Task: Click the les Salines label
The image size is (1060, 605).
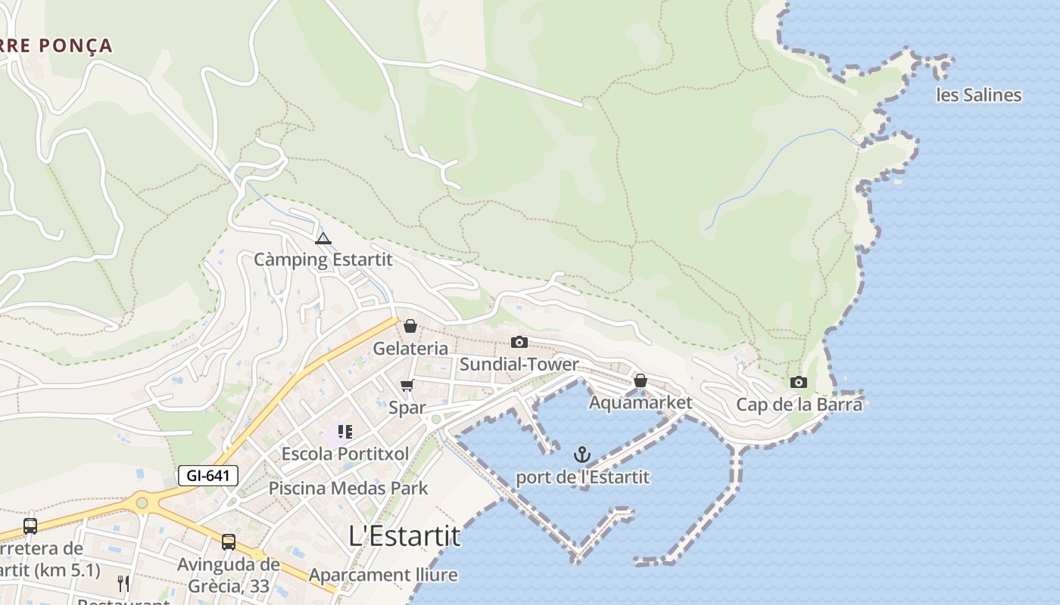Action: coord(979,95)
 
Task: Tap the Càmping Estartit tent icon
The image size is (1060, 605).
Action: coord(323,239)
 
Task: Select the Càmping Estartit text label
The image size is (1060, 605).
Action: coord(323,259)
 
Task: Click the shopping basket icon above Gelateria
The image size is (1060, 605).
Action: coord(410,326)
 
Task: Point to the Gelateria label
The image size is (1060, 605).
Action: coord(410,349)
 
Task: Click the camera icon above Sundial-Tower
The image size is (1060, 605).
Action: coord(519,342)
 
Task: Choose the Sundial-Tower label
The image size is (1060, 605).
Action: coord(519,365)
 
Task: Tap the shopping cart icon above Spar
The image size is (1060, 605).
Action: coord(407,386)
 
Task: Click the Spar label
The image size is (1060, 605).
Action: coord(407,408)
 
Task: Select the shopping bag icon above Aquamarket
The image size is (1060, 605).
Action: coord(641,380)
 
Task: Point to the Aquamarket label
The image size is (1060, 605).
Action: coord(641,402)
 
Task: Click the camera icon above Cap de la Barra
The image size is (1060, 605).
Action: coord(799,383)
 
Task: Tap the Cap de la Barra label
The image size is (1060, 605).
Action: coord(799,405)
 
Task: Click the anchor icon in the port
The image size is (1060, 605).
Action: coord(582,455)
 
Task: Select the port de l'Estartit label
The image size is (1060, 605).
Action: coord(582,477)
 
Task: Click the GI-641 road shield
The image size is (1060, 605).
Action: coord(208,476)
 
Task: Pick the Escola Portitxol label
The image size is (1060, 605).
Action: coord(344,454)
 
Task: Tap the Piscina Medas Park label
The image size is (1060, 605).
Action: coord(348,489)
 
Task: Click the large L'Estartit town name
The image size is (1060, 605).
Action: coord(404,535)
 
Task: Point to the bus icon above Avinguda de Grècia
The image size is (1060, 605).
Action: coord(229,541)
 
